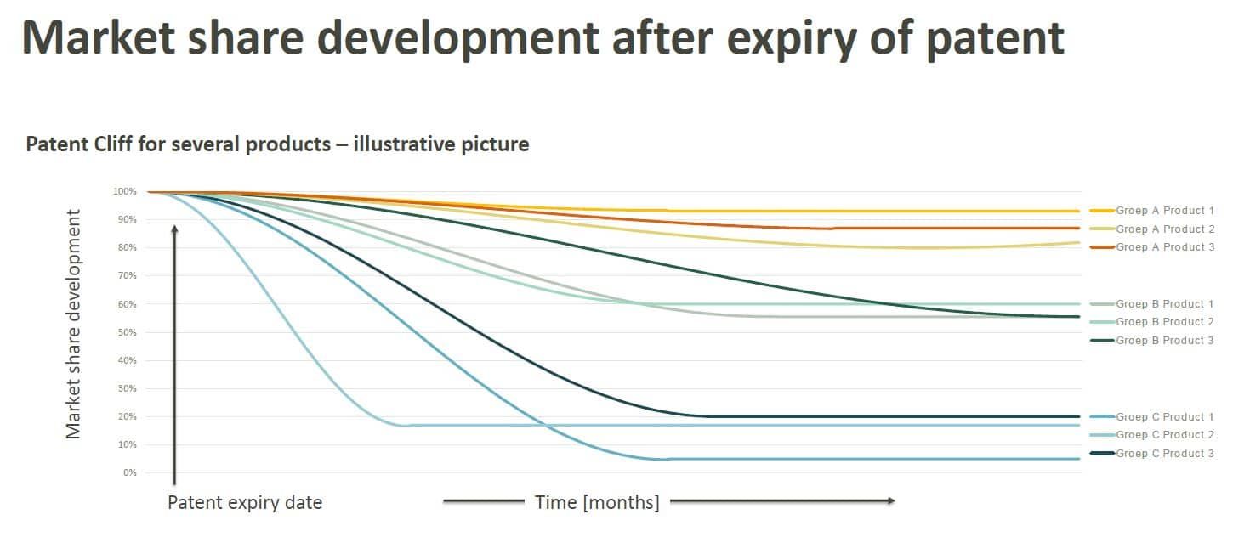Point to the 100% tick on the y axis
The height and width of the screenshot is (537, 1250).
(124, 192)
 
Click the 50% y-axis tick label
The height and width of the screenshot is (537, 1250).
(126, 332)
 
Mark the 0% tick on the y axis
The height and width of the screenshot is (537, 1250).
(128, 473)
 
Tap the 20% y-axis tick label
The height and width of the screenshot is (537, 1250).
(126, 417)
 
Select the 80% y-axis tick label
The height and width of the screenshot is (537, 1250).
(126, 248)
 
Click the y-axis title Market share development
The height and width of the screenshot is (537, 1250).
(74, 324)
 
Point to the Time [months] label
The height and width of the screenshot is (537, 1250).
(597, 502)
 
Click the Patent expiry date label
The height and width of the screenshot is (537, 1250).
(245, 502)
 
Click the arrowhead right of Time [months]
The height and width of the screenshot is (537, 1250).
(890, 501)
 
